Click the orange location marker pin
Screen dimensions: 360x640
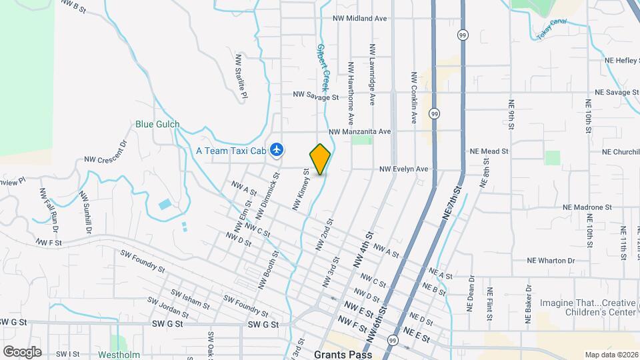click(321, 159)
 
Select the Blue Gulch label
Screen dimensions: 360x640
click(157, 124)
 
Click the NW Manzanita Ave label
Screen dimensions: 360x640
click(359, 132)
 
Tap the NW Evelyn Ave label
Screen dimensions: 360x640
click(403, 169)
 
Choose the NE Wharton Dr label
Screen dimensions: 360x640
click(551, 260)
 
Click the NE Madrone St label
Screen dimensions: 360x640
click(587, 207)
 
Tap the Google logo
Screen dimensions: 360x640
click(22, 351)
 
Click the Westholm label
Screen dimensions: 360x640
click(117, 354)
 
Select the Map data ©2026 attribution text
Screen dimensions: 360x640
click(610, 354)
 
